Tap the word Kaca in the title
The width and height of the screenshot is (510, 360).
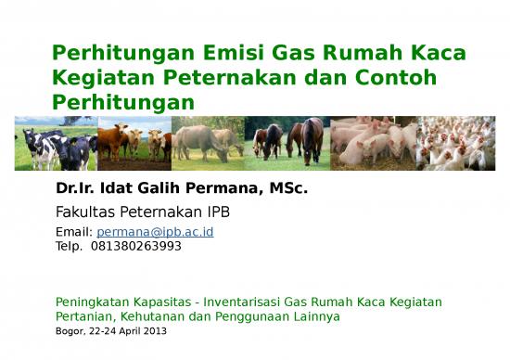click(x=435, y=54)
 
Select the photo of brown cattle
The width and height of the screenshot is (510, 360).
click(x=132, y=144)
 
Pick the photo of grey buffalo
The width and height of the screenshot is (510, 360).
click(x=208, y=144)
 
